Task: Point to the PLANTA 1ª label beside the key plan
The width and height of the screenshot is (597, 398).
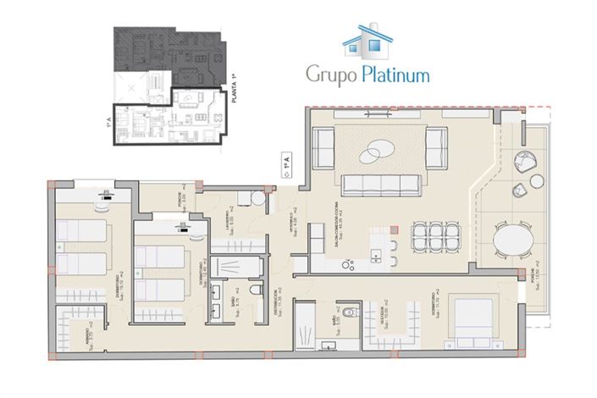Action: click(234, 90)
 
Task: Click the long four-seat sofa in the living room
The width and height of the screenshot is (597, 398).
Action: click(381, 183)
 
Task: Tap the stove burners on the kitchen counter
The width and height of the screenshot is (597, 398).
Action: click(348, 265)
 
